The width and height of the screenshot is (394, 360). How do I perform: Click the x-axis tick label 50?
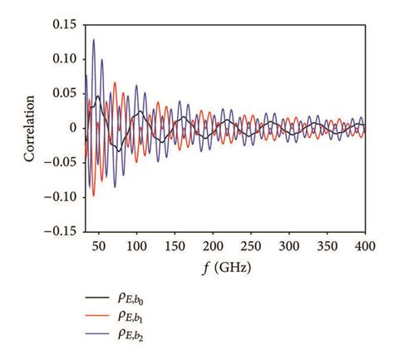click(99, 247)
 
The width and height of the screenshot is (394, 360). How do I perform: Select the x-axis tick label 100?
click(136, 247)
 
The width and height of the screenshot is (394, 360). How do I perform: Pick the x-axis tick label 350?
click(328, 247)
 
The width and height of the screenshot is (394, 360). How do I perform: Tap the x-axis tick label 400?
click(364, 247)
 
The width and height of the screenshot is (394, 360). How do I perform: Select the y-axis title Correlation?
click(30, 128)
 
